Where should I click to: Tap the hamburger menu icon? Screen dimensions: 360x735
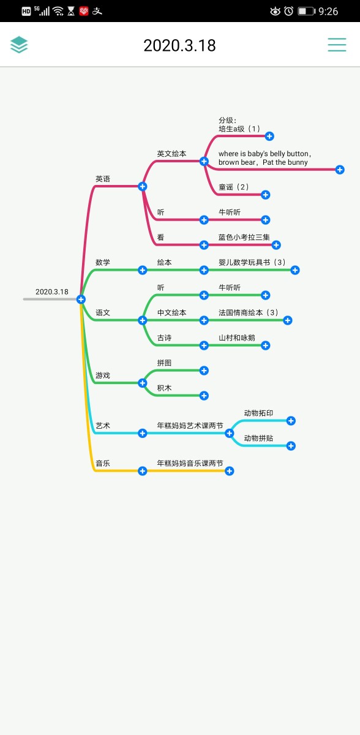click(x=337, y=45)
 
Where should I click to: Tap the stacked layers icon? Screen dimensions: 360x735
click(x=19, y=44)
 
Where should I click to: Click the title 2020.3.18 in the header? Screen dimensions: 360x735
click(x=179, y=45)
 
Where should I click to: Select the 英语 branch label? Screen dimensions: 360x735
click(x=103, y=179)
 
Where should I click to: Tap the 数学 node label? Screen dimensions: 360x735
click(x=103, y=262)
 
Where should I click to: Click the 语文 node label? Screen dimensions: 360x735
click(x=103, y=312)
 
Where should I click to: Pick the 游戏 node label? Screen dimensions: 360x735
click(x=103, y=375)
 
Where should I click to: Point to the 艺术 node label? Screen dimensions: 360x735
click(x=103, y=426)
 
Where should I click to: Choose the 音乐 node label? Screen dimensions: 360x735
click(x=103, y=463)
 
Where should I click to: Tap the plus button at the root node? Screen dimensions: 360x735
click(x=81, y=300)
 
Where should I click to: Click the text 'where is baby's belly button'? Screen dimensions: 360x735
click(x=264, y=154)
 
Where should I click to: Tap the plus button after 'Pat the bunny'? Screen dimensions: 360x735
click(x=340, y=170)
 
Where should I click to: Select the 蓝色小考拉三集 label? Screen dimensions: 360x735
click(x=244, y=237)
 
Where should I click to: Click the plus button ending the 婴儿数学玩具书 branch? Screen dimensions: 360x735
click(x=294, y=270)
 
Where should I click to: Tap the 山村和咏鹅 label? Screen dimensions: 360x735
click(x=237, y=337)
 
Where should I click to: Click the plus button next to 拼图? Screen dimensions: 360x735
click(x=204, y=371)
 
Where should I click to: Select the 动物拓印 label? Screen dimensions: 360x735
click(x=258, y=413)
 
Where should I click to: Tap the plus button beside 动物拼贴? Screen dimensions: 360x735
click(x=291, y=446)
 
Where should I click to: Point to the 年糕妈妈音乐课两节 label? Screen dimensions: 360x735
click(x=190, y=463)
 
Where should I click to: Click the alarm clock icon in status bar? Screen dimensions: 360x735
click(x=288, y=11)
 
